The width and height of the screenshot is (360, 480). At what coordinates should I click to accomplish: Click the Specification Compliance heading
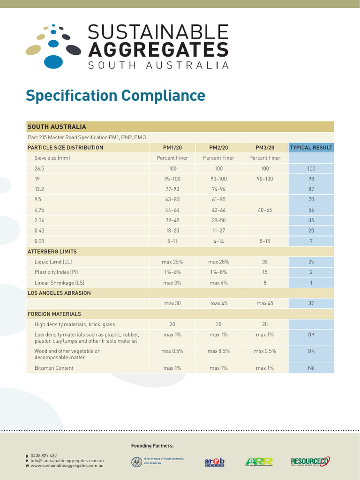[x=115, y=96]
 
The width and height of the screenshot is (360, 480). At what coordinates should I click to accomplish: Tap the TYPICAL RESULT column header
[x=311, y=148]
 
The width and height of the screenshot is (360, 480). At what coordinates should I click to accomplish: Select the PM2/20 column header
[x=218, y=148]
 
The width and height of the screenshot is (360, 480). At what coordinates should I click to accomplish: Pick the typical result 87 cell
[x=311, y=189]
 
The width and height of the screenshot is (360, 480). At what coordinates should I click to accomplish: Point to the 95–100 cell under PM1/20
[x=172, y=179]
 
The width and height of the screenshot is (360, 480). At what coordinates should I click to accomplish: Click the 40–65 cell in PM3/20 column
[x=265, y=210]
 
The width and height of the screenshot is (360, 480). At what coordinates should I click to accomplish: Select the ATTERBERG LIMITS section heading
[x=52, y=252]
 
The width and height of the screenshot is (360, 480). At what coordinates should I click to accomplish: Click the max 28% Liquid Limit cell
[x=218, y=262]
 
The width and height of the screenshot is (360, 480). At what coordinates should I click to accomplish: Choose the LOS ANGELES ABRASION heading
[x=59, y=293]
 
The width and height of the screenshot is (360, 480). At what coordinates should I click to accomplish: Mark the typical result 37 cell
[x=311, y=304]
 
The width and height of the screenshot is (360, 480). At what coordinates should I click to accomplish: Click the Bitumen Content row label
[x=54, y=368]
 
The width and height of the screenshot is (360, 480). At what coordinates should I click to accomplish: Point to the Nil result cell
[x=311, y=368]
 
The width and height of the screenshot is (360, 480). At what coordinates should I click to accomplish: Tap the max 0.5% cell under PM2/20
[x=218, y=351]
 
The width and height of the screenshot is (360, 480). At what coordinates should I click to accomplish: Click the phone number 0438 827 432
[x=44, y=456]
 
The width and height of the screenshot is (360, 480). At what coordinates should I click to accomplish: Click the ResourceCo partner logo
[x=310, y=462]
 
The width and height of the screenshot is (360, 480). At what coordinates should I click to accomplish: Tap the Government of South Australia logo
[x=157, y=462]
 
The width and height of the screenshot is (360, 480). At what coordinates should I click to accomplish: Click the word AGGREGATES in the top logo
[x=158, y=49]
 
